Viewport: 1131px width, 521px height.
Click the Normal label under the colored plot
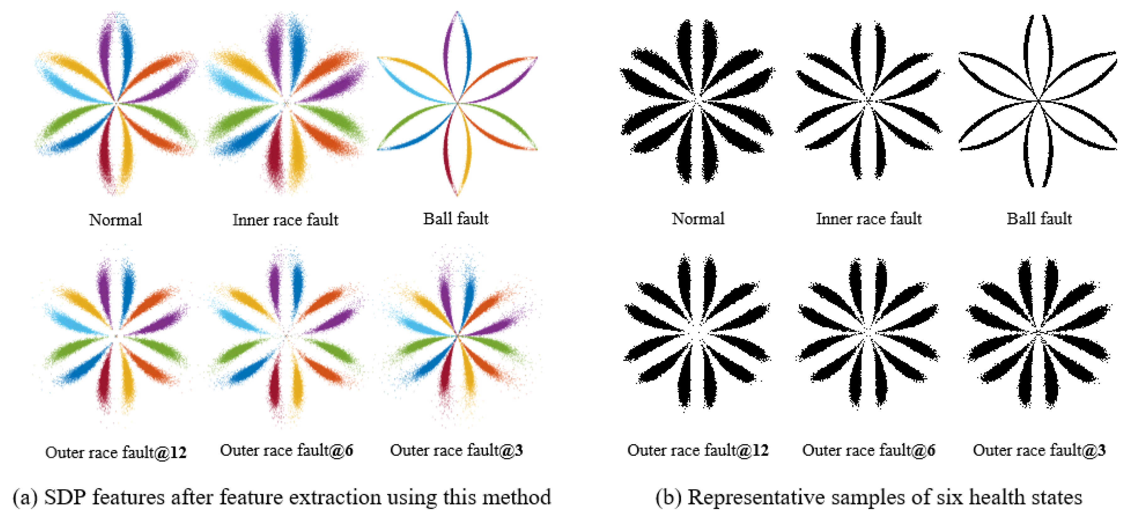click(x=115, y=219)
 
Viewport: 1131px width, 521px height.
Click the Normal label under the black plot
click(x=698, y=218)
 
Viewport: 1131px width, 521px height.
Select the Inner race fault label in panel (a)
click(x=285, y=219)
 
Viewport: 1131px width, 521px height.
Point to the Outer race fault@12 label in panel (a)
click(x=116, y=452)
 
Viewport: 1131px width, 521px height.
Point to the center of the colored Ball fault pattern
click(x=457, y=104)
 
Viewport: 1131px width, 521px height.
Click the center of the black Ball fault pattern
click(x=1039, y=101)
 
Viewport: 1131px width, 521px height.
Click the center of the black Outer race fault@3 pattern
click(x=1038, y=334)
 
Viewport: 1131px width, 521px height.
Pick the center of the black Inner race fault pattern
click(x=868, y=102)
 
